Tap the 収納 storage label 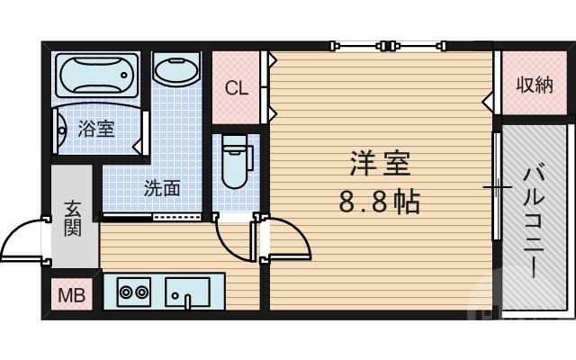535,85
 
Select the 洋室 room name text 380,165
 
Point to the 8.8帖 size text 380,202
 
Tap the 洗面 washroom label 162,188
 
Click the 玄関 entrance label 73,219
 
